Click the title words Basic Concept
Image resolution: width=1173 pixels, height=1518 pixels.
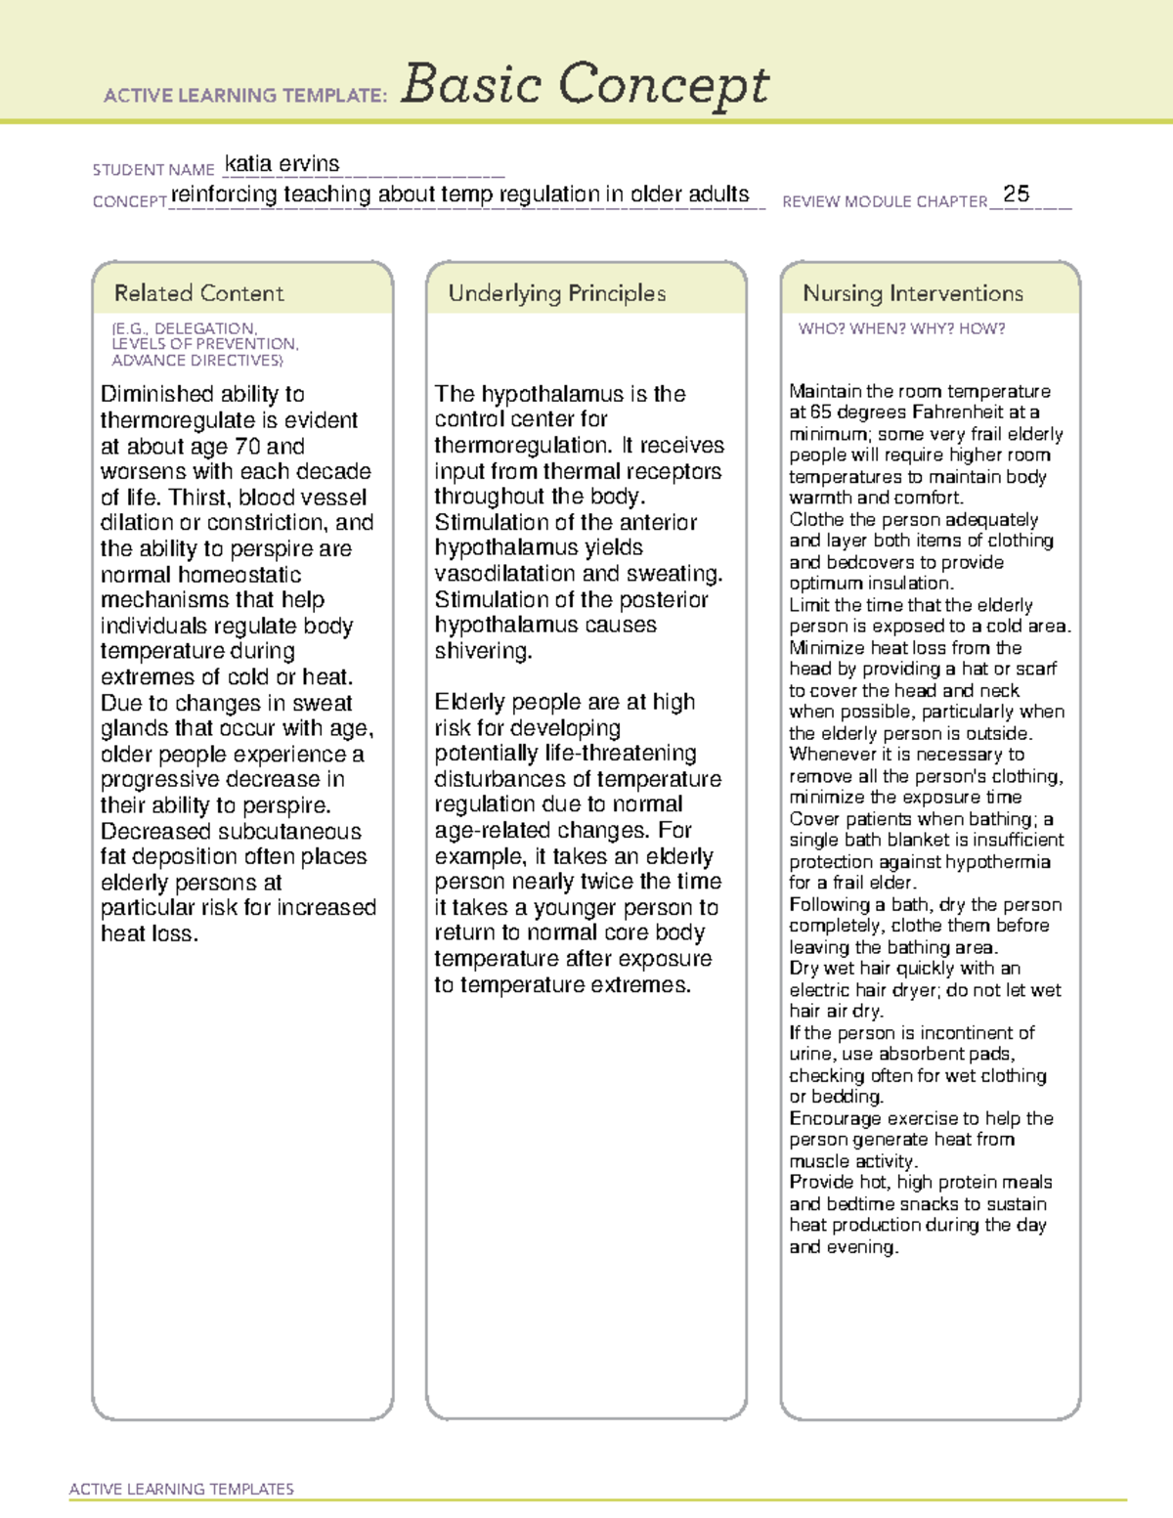coord(585,84)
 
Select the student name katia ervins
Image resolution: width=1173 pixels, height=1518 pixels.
coord(282,164)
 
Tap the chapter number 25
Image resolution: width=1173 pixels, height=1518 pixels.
coord(1017,194)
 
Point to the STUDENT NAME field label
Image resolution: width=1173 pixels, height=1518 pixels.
coord(153,170)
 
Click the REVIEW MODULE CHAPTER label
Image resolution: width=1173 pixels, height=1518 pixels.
coord(885,202)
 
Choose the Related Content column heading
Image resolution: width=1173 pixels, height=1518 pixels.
coord(198,293)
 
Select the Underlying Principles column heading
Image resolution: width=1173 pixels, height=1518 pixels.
coord(556,293)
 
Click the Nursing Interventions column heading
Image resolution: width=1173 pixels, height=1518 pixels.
coord(913,293)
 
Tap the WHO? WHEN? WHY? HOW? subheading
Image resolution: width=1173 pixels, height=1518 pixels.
coord(901,329)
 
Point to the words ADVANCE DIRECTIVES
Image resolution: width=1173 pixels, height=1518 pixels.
coord(196,361)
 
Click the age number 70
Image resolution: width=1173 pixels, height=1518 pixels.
coord(247,447)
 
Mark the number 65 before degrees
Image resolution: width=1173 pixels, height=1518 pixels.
coord(821,412)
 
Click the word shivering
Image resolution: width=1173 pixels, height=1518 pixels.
coord(483,651)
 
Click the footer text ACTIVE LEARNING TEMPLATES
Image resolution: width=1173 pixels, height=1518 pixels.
coord(182,1489)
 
